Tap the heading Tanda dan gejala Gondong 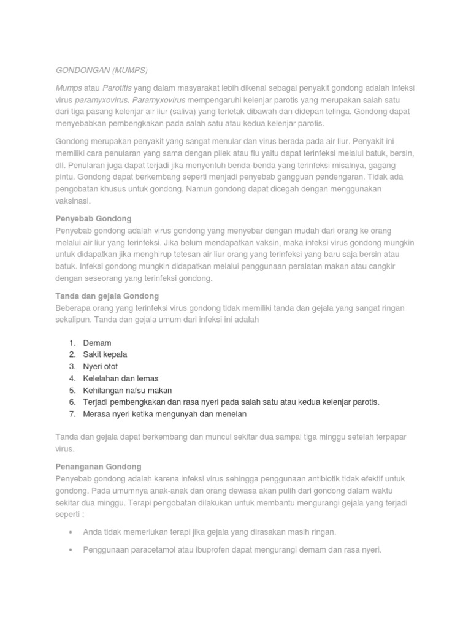[x=107, y=296]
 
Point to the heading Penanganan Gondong [x=98, y=467]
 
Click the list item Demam [x=97, y=343]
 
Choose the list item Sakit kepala [x=105, y=354]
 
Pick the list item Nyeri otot [x=100, y=367]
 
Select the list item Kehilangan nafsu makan [x=128, y=390]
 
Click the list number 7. [x=71, y=414]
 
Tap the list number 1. [x=71, y=343]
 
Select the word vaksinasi [x=72, y=201]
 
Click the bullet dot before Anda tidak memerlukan [x=72, y=532]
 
